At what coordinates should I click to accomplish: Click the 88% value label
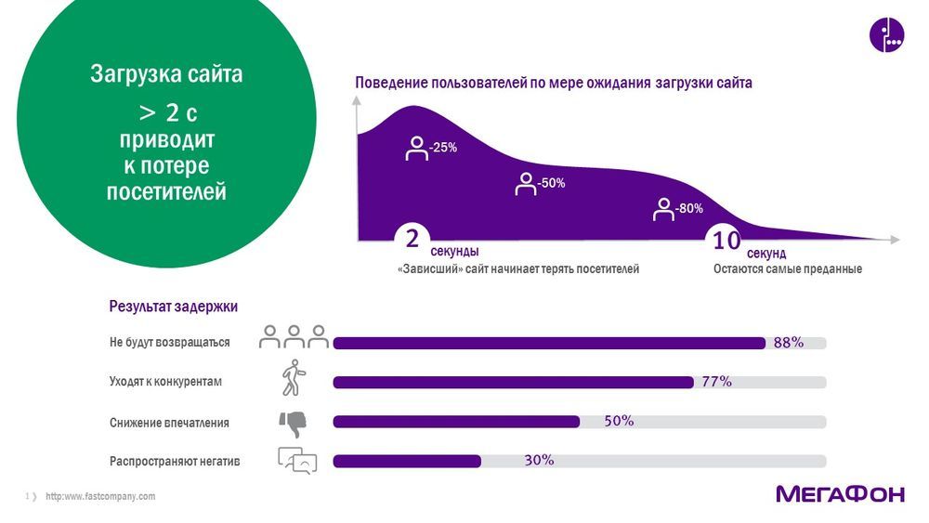[x=788, y=343]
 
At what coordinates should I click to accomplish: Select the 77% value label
[x=716, y=382]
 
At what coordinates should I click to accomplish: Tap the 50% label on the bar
[x=619, y=421]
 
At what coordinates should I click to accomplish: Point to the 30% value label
[x=539, y=460]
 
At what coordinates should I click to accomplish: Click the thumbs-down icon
[x=293, y=423]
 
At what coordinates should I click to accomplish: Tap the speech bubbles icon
[x=297, y=460]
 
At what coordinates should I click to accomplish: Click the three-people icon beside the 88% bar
[x=294, y=336]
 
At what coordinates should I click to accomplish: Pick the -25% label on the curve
[x=442, y=147]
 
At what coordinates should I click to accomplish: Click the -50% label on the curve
[x=551, y=183]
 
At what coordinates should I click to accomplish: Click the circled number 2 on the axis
[x=412, y=239]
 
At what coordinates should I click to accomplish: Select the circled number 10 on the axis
[x=726, y=241]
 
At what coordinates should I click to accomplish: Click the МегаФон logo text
[x=839, y=494]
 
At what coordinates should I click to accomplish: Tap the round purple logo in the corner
[x=886, y=34]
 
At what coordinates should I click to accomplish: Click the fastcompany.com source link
[x=100, y=497]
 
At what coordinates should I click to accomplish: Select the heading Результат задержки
[x=173, y=306]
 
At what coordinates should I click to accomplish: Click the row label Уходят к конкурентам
[x=165, y=382]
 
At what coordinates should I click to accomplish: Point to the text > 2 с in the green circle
[x=167, y=113]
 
